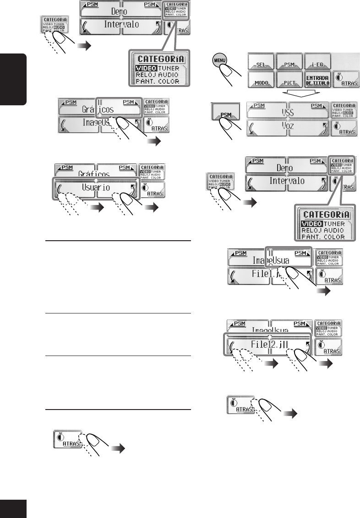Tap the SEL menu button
(261, 62)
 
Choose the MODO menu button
(261, 81)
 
